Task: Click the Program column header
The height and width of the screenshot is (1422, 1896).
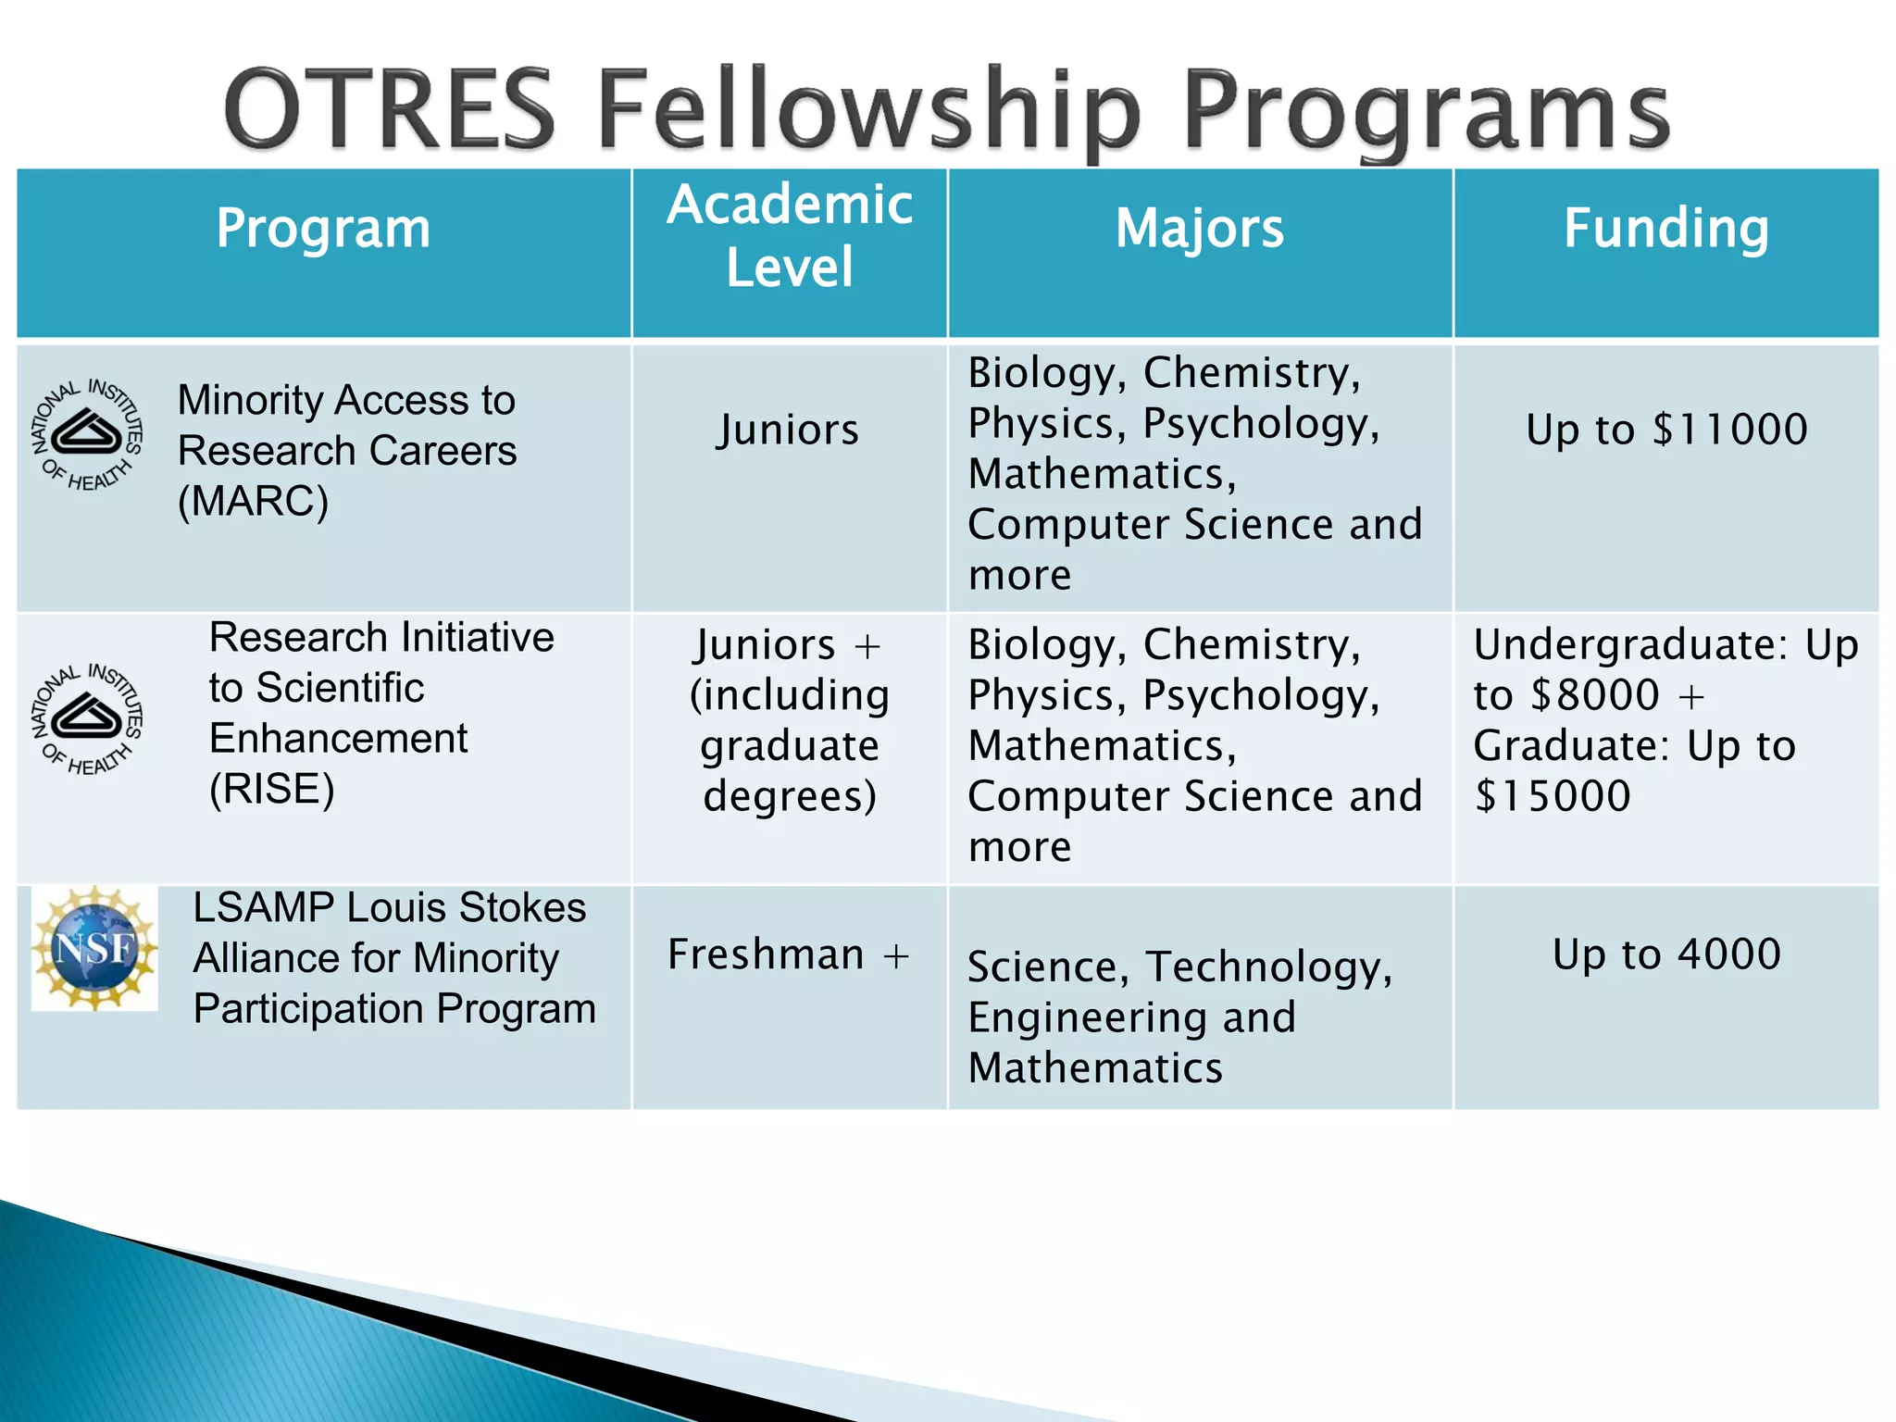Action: click(x=323, y=228)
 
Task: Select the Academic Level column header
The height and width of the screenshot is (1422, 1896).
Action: click(x=790, y=235)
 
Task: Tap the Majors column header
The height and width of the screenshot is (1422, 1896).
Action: click(x=1200, y=228)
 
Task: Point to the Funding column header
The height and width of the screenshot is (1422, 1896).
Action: click(x=1665, y=228)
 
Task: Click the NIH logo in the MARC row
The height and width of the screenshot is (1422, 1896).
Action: click(x=87, y=434)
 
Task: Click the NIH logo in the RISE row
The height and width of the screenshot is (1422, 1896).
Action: click(x=87, y=719)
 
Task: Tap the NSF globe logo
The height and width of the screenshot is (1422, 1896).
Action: click(x=94, y=948)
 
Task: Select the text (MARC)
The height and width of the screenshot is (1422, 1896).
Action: click(x=253, y=502)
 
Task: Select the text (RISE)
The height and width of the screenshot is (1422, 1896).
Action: click(x=271, y=790)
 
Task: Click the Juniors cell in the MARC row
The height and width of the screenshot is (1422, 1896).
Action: click(x=789, y=430)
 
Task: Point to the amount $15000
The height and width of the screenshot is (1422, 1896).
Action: click(x=1553, y=796)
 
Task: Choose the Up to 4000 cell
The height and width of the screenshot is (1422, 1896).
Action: click(x=1666, y=954)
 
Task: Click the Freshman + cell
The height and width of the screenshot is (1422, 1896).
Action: click(x=789, y=954)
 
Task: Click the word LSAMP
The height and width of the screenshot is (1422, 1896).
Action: click(x=263, y=908)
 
